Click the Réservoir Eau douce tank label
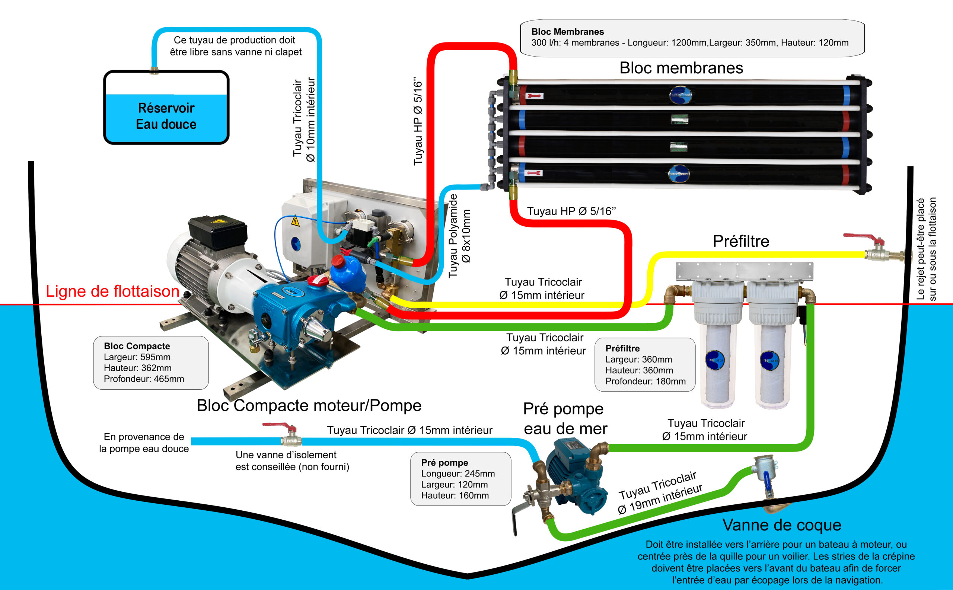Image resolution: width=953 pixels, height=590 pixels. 166,116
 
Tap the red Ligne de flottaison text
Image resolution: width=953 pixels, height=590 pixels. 112,291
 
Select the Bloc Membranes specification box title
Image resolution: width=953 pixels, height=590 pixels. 567,32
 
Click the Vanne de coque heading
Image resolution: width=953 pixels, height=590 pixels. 782,525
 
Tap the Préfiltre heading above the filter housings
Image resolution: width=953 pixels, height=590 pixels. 741,241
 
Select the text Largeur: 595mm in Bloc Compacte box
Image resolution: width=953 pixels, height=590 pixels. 137,357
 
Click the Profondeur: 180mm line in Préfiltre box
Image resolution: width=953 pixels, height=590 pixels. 646,381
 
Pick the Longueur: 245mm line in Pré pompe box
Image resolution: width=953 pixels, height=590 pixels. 458,473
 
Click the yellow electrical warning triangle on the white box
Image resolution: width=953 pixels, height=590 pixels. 296,221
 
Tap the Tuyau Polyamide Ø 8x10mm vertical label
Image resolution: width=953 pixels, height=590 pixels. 459,236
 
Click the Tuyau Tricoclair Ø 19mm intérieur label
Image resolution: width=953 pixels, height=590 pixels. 660,492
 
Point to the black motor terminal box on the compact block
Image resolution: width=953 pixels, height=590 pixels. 217,231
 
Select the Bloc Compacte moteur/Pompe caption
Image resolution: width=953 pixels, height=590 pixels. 309,405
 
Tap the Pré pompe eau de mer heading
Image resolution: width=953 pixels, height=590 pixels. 565,419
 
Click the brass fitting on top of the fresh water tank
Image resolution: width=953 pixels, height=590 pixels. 154,70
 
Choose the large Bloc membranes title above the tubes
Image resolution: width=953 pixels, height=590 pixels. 681,68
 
